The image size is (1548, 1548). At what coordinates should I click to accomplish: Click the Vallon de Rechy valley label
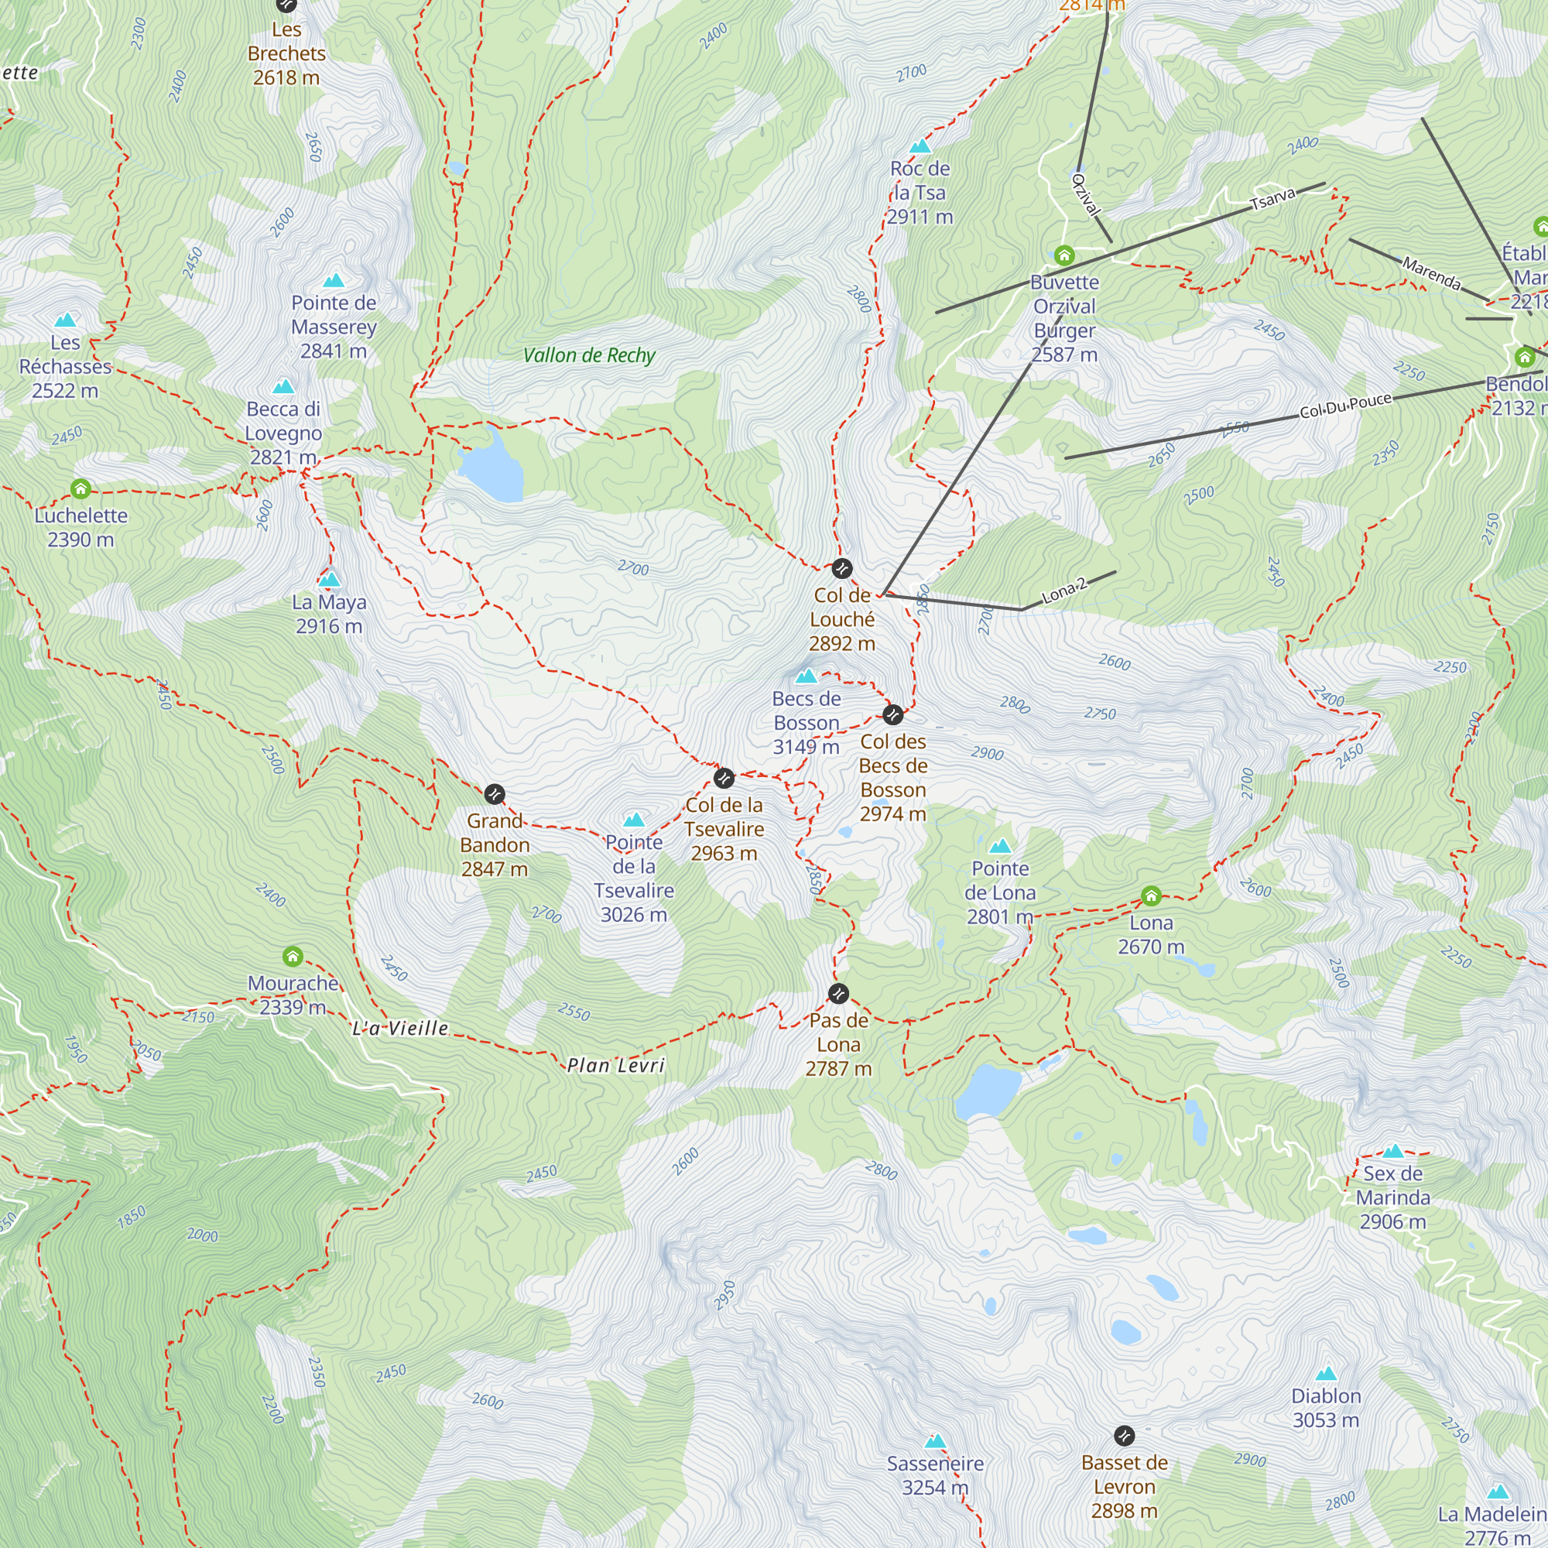(x=589, y=355)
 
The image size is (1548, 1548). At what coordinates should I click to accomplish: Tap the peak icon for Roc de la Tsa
(x=920, y=146)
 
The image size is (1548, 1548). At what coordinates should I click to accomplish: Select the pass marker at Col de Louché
(x=841, y=569)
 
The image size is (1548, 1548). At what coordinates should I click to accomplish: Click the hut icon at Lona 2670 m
(x=1151, y=896)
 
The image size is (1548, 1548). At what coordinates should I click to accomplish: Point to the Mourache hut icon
(x=293, y=956)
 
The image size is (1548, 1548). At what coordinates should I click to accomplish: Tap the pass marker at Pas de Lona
(x=838, y=994)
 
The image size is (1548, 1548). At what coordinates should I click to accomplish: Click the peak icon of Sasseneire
(x=935, y=1441)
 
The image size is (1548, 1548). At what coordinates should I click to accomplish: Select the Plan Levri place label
(x=615, y=1065)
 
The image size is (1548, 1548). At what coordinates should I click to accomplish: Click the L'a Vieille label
(x=400, y=1028)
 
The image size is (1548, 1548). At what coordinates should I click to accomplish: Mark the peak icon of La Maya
(x=329, y=579)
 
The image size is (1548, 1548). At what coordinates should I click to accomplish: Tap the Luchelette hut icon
(x=80, y=488)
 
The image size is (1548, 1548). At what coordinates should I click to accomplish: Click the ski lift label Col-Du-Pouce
(x=1345, y=406)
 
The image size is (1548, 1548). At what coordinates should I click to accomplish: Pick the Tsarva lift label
(x=1272, y=199)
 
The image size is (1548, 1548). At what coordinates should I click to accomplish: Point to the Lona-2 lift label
(x=1064, y=591)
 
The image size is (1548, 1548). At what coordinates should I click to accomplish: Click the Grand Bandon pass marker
(x=495, y=794)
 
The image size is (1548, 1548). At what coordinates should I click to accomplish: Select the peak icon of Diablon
(x=1326, y=1373)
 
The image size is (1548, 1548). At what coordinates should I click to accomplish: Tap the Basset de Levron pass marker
(x=1124, y=1435)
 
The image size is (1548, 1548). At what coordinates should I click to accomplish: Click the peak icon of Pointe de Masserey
(x=334, y=280)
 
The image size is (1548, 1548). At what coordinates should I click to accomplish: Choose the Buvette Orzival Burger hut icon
(x=1064, y=255)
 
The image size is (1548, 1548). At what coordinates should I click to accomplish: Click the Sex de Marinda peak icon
(x=1392, y=1152)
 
